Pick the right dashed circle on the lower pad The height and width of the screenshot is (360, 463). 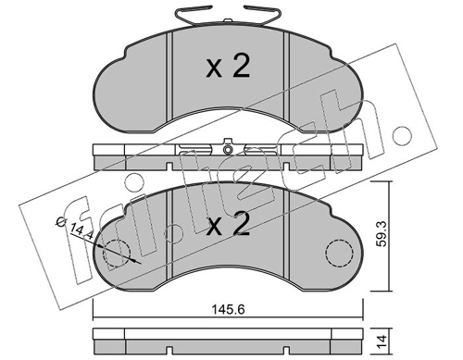[x=338, y=253]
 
